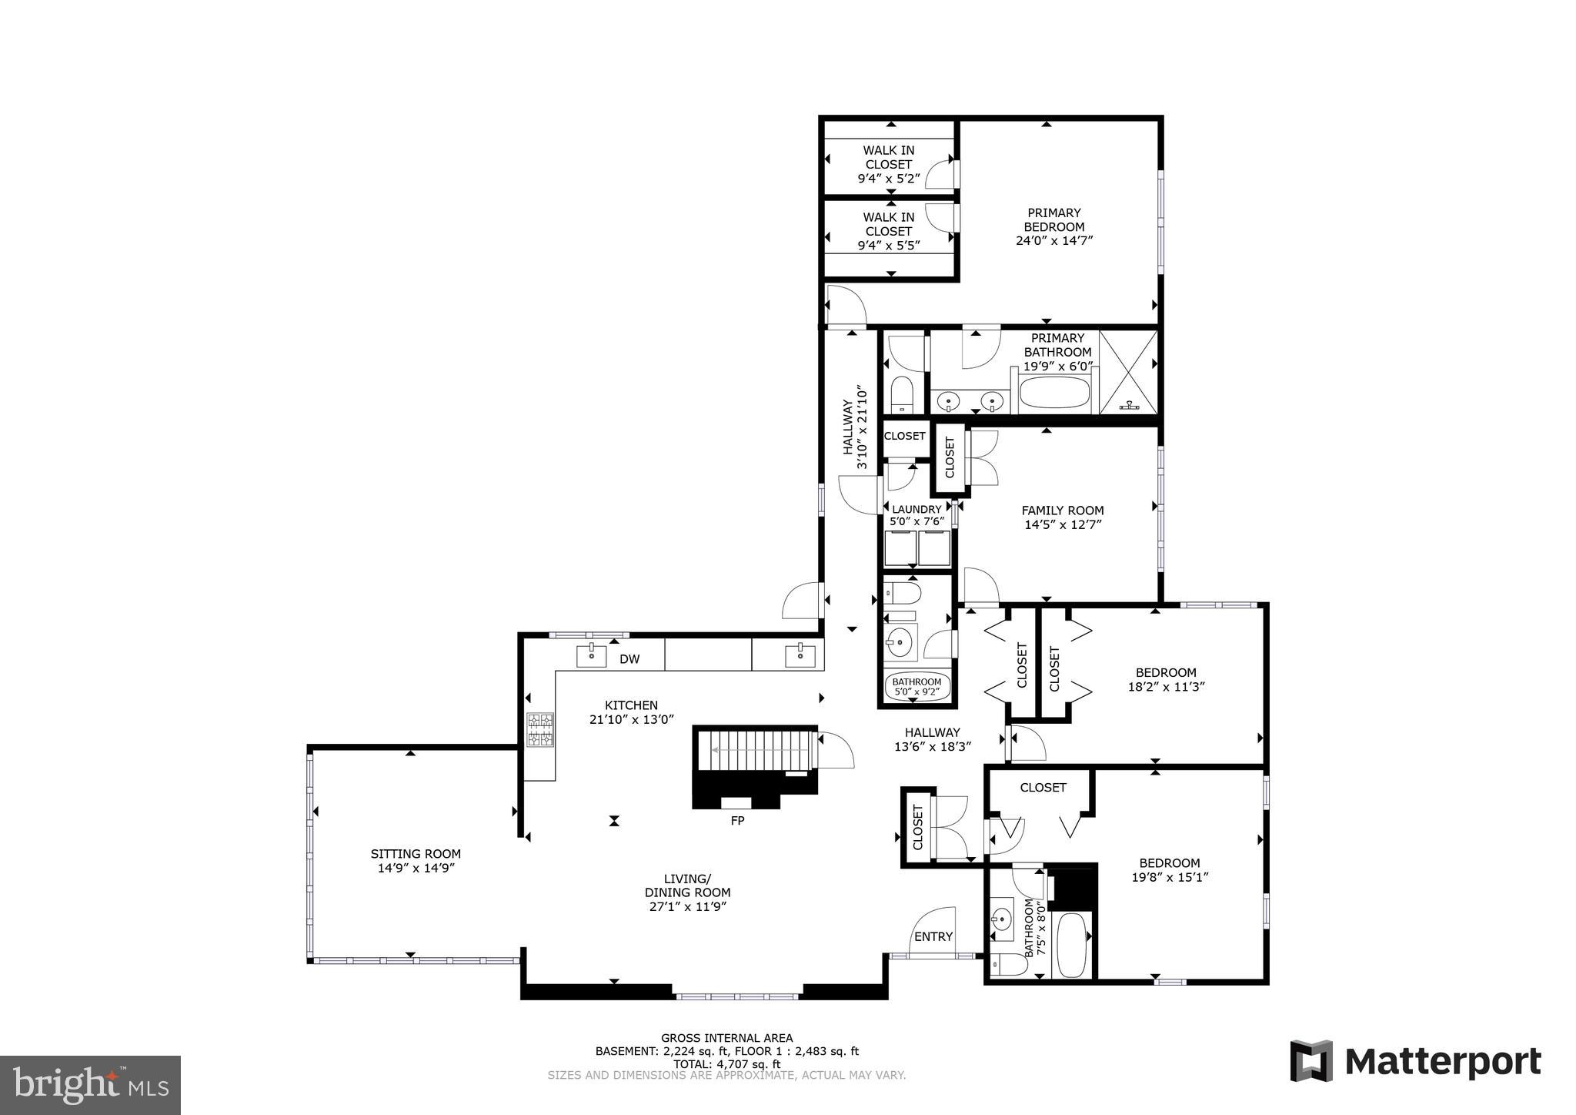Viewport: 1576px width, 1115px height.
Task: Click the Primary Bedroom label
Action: (x=1053, y=226)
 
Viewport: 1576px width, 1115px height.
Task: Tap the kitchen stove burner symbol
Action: (x=540, y=730)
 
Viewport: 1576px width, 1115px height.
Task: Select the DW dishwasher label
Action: (x=629, y=659)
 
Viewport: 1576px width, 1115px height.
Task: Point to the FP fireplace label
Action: (x=737, y=821)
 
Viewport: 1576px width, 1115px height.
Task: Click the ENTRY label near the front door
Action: (x=933, y=936)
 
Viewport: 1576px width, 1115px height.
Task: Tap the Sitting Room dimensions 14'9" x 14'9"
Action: (x=416, y=868)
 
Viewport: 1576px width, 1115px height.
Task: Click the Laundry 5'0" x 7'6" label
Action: (x=917, y=515)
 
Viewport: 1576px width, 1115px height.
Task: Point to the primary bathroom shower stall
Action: (x=1129, y=372)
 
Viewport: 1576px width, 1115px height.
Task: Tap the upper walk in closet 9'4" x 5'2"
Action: (x=888, y=164)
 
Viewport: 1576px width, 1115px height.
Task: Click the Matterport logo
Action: (x=1415, y=1061)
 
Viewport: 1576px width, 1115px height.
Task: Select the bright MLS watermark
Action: (x=90, y=1085)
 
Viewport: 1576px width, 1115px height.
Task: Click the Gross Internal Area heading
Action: (x=726, y=1038)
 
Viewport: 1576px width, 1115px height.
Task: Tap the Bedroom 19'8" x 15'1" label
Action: (x=1169, y=869)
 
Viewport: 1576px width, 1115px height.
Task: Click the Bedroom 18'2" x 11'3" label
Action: (x=1166, y=679)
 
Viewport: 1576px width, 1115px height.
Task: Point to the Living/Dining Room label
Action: (x=687, y=892)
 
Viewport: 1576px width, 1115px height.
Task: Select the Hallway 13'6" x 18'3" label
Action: (x=932, y=739)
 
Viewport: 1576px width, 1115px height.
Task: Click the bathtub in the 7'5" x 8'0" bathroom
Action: (x=1071, y=944)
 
